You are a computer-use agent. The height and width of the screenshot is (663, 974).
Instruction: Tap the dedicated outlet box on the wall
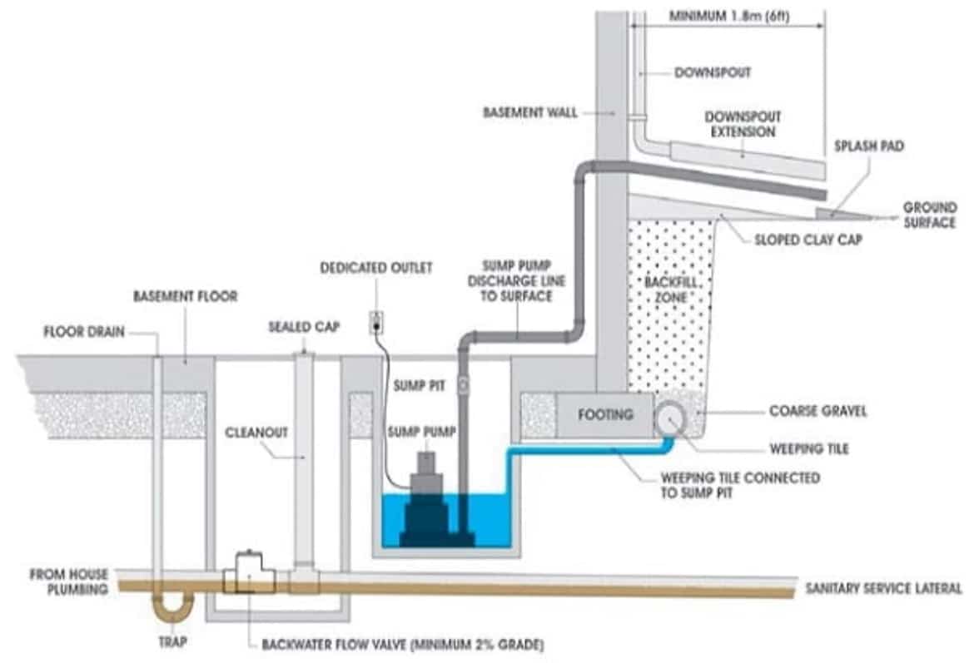pyautogui.click(x=375, y=323)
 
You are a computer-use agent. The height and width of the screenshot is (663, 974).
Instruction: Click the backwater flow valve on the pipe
pyautogui.click(x=247, y=571)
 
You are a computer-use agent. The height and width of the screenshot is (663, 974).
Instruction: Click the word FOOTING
pyautogui.click(x=605, y=413)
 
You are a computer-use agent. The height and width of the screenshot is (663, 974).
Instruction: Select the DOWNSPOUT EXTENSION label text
pyautogui.click(x=743, y=124)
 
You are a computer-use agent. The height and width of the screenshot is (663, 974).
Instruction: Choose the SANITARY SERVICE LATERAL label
pyautogui.click(x=883, y=587)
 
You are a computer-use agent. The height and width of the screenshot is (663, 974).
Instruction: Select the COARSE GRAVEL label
pyautogui.click(x=818, y=410)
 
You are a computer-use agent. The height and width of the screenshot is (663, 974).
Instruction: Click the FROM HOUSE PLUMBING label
pyautogui.click(x=69, y=581)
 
